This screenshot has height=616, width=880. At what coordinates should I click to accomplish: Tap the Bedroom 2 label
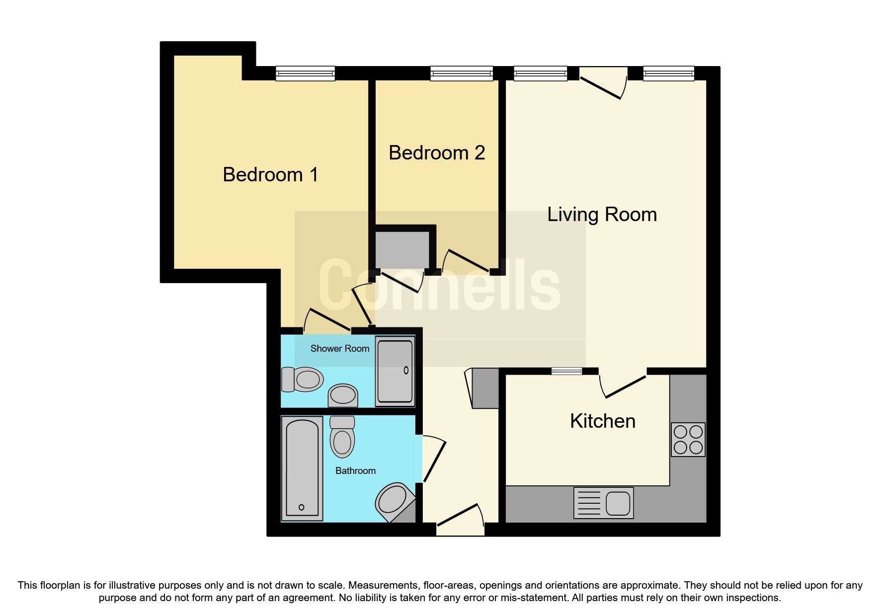[x=436, y=153]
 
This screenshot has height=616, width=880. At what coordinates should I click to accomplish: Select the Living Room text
[x=602, y=215]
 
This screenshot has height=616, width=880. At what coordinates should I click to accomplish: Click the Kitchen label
[x=602, y=421]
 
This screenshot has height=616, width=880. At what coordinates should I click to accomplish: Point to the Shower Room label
[x=339, y=349]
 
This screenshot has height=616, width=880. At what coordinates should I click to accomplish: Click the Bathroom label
[x=355, y=471]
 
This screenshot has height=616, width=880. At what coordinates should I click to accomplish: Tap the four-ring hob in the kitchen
[x=688, y=440]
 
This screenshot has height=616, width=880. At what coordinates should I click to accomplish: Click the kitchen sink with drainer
[x=603, y=503]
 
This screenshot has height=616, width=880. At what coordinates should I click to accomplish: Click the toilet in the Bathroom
[x=342, y=437]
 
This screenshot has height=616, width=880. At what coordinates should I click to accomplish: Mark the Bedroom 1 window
[x=305, y=74]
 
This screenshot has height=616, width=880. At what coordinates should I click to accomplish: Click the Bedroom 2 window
[x=461, y=74]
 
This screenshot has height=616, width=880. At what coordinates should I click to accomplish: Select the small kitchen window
[x=566, y=371]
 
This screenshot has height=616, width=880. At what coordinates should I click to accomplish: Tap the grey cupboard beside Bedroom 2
[x=402, y=249]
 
